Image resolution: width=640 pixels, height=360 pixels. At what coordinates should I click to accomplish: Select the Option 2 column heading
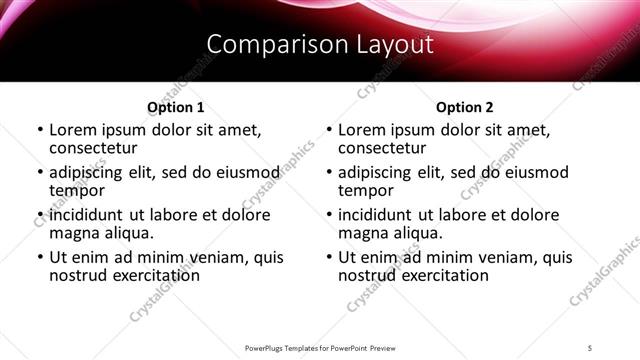[x=464, y=107]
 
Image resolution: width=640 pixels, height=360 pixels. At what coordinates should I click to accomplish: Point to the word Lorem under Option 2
[x=362, y=130]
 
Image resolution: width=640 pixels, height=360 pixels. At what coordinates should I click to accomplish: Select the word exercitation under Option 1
[x=154, y=274]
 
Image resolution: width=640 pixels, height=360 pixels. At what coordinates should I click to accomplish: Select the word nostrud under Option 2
[x=368, y=274]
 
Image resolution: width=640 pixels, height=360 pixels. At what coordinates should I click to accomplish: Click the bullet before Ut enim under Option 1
[x=38, y=257]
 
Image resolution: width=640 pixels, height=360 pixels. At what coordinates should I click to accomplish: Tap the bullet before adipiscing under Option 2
[x=327, y=172]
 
